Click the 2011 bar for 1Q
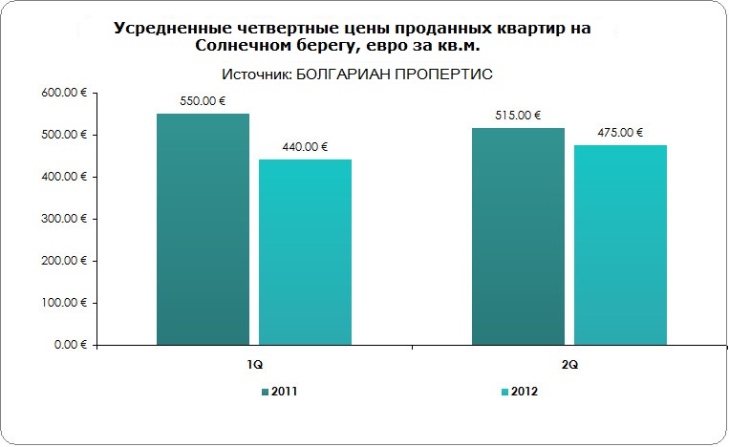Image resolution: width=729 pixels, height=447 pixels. pos(203,229)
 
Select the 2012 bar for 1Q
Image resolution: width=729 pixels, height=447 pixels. pos(306,252)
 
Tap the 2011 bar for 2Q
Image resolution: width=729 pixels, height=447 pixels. pos(519,236)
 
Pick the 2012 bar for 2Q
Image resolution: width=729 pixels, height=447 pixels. pos(620,245)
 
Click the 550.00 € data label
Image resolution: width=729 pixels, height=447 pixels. pos(203,101)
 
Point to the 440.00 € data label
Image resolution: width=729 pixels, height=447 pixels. pos(306,147)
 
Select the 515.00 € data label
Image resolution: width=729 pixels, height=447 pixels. pos(519,116)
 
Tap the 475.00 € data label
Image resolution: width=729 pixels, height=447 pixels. pos(620,133)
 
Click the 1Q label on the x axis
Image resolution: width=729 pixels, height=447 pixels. pos(254,366)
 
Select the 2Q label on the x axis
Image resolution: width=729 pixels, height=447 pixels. pos(569,366)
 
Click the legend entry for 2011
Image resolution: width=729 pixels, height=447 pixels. pos(284,392)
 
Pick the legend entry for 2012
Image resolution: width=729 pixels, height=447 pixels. pos(523,392)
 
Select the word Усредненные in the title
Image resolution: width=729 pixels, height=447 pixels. pos(171,29)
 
